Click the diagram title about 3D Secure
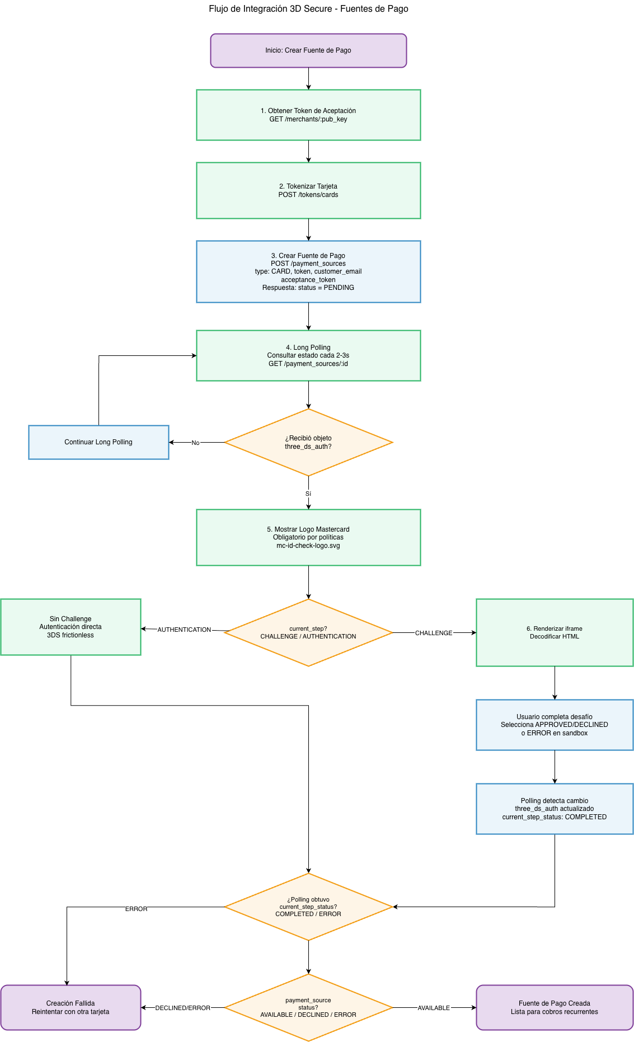[308, 9]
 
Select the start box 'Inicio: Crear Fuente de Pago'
[308, 50]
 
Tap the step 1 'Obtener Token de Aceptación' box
[308, 115]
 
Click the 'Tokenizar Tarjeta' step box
[308, 190]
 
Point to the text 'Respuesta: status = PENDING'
[308, 288]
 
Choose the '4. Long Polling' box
[308, 355]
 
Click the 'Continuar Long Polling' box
[98, 442]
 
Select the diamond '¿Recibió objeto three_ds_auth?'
[308, 442]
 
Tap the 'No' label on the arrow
[195, 443]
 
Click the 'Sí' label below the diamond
[308, 494]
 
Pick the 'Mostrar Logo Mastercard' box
[308, 537]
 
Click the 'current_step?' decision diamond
[308, 632]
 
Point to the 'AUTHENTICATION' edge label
[184, 630]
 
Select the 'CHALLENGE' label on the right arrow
[434, 633]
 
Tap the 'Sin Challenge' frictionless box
[71, 627]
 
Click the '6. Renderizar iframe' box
[555, 632]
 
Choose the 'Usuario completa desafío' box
[555, 725]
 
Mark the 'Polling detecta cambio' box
[555, 809]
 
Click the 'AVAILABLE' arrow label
[434, 1008]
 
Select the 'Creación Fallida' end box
[71, 1007]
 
